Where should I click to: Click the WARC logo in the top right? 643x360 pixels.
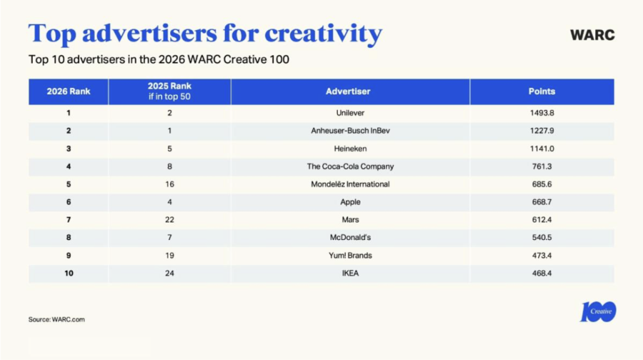click(592, 35)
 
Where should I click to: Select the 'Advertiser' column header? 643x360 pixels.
click(348, 92)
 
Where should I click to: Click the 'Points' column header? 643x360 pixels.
click(542, 92)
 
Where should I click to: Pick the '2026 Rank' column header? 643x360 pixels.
click(68, 92)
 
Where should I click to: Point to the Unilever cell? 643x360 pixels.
click(350, 113)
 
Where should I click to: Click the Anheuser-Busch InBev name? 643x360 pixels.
click(350, 131)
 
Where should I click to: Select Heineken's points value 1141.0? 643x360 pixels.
click(542, 149)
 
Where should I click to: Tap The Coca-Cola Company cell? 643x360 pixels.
click(350, 166)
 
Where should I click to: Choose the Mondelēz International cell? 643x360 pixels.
click(350, 184)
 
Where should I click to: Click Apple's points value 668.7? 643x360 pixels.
click(542, 202)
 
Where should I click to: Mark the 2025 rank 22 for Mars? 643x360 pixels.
click(170, 220)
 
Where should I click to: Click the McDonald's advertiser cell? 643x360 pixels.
click(350, 237)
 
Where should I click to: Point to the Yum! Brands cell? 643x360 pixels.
click(350, 256)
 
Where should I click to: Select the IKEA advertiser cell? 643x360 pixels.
click(350, 273)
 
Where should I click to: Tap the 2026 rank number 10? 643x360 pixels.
click(68, 273)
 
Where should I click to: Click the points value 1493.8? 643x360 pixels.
click(542, 113)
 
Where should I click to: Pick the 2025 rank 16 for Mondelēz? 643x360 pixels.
click(170, 184)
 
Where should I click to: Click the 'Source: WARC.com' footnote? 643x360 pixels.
click(57, 319)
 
